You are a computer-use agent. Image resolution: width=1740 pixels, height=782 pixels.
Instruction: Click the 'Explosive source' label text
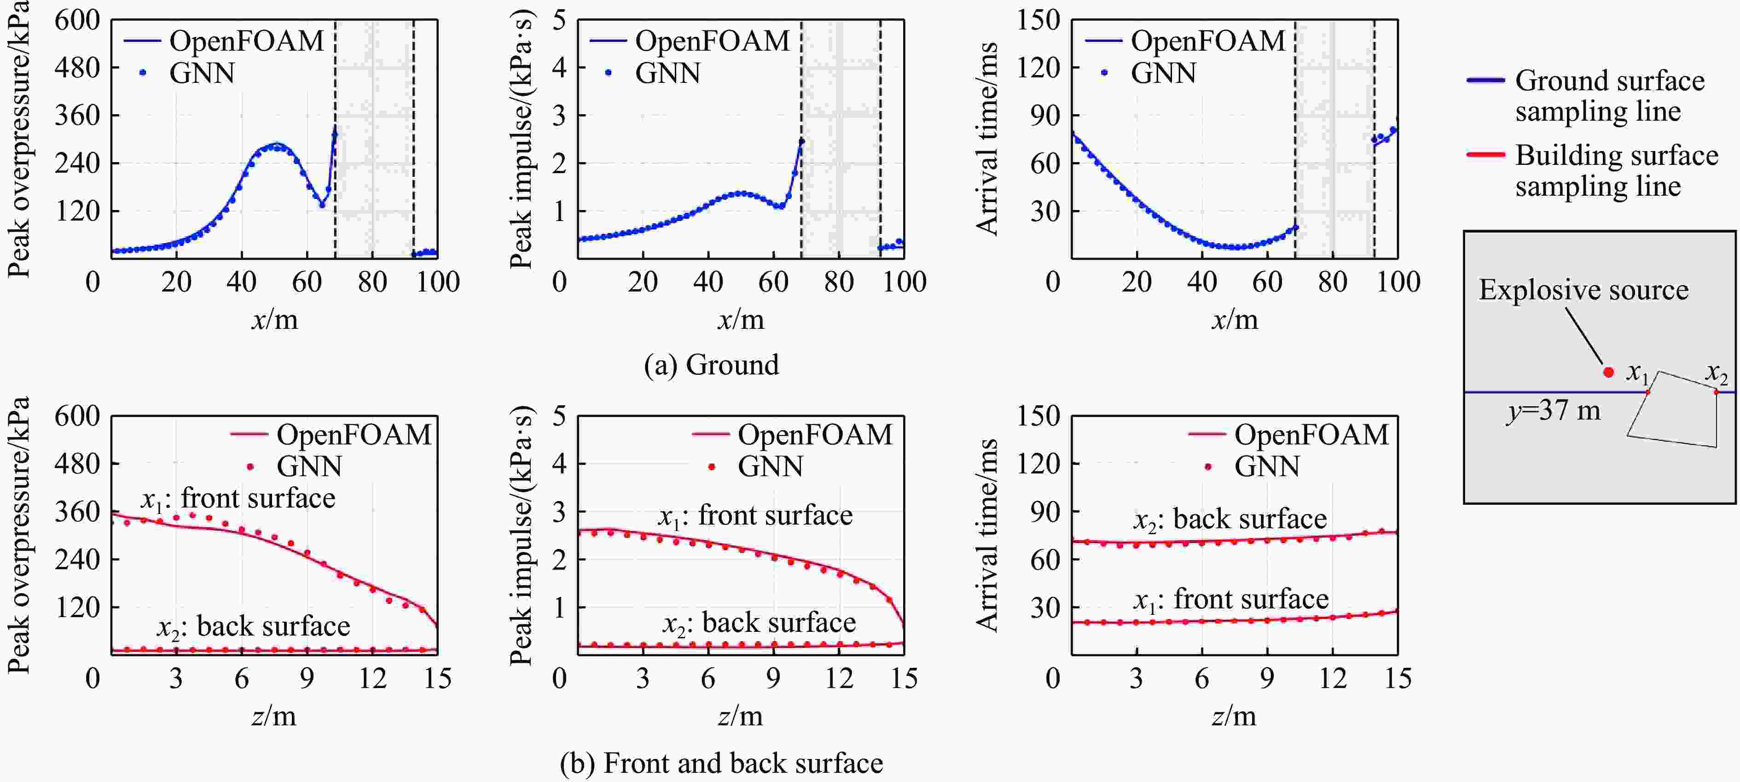1583,290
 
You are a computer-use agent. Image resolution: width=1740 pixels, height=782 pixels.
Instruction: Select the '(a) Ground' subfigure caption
711,365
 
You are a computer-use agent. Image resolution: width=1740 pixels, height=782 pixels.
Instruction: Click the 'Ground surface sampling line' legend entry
1609,95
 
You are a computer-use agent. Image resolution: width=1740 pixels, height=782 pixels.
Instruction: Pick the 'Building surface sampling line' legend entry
1616,170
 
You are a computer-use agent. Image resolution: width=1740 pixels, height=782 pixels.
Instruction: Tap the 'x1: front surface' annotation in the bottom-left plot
238,499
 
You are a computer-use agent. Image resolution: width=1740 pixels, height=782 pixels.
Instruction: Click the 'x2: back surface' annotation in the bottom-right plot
1230,519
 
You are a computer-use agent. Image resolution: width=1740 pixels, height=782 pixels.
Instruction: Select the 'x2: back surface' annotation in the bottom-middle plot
759,623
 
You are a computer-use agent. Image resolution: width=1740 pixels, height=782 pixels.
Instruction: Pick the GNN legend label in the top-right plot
1163,73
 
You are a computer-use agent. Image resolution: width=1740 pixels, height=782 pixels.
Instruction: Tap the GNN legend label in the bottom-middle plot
770,467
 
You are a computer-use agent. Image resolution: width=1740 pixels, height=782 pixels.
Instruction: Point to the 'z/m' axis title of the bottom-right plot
1233,715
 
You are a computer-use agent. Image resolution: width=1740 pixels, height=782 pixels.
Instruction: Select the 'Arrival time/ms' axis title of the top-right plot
987,139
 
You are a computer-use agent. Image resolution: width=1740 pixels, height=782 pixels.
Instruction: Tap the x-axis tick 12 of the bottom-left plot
372,678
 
